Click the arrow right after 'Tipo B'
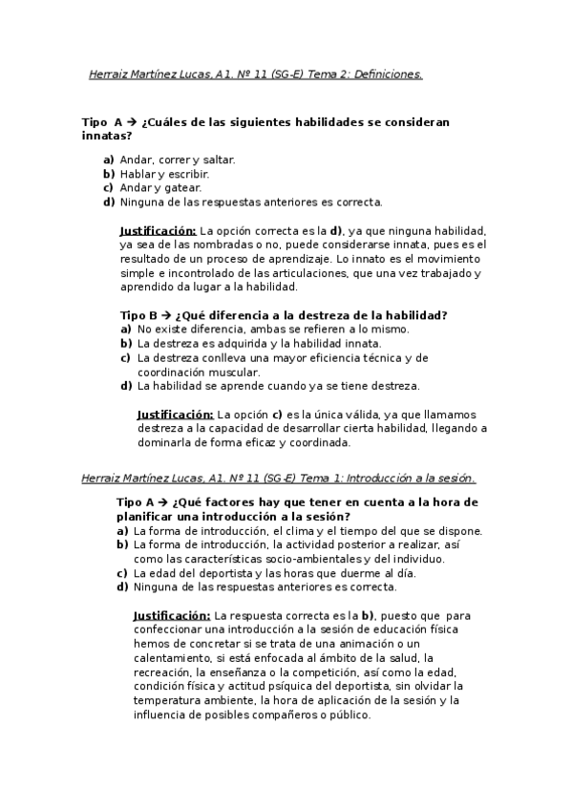click(x=165, y=314)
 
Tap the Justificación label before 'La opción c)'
click(x=175, y=415)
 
